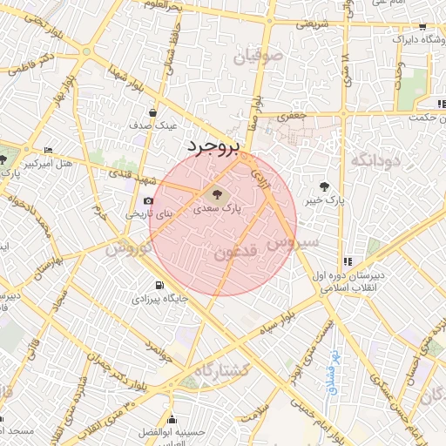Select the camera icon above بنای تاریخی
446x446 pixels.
tap(148, 201)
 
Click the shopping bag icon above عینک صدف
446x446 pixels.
tap(154, 111)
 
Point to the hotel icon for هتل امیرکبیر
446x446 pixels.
tap(47, 151)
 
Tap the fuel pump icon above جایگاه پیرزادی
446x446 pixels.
tap(158, 285)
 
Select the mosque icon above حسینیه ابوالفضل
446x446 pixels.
tap(172, 418)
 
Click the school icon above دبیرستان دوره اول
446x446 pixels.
tap(348, 260)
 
